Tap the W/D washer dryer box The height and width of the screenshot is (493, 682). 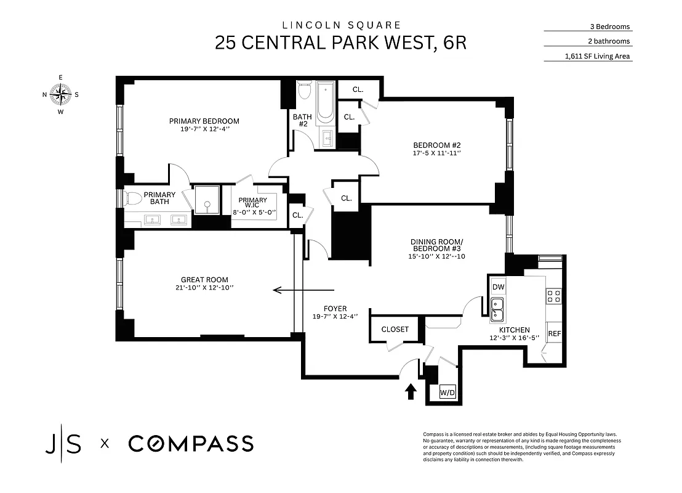447,393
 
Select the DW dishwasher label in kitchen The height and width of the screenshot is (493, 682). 498,287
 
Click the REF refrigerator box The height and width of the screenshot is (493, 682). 554,333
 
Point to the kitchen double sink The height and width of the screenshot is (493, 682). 497,310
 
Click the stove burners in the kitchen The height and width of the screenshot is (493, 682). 553,296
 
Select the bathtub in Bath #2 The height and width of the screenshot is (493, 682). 324,104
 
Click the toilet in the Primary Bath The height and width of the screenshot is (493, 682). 132,198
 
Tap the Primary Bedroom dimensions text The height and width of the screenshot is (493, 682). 204,129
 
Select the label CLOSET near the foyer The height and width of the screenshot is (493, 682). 395,329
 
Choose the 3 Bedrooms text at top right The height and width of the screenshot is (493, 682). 609,26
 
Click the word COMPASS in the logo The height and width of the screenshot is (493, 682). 190,444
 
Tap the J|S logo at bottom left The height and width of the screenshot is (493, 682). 63,444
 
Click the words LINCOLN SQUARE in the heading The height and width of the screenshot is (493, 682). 341,25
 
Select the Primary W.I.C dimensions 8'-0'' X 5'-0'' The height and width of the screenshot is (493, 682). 253,213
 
